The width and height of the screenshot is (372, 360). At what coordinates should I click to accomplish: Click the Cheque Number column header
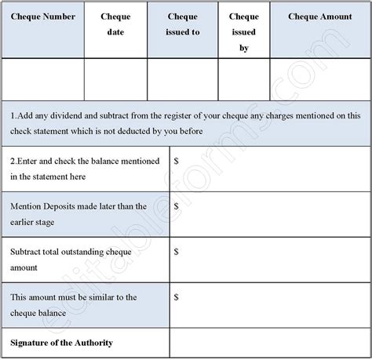(43, 16)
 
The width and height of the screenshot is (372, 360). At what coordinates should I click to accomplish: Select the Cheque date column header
(115, 24)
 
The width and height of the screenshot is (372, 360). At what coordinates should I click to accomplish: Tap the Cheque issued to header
(183, 24)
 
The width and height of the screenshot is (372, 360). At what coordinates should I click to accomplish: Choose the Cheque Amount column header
(319, 16)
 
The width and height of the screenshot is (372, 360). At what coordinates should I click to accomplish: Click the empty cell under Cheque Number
(43, 80)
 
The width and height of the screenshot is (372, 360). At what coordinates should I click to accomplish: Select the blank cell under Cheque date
(115, 80)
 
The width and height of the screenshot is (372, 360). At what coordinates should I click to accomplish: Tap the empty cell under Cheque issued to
(183, 80)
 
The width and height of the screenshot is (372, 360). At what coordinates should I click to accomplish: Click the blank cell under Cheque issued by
(244, 80)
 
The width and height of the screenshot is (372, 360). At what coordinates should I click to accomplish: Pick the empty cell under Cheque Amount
(319, 80)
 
